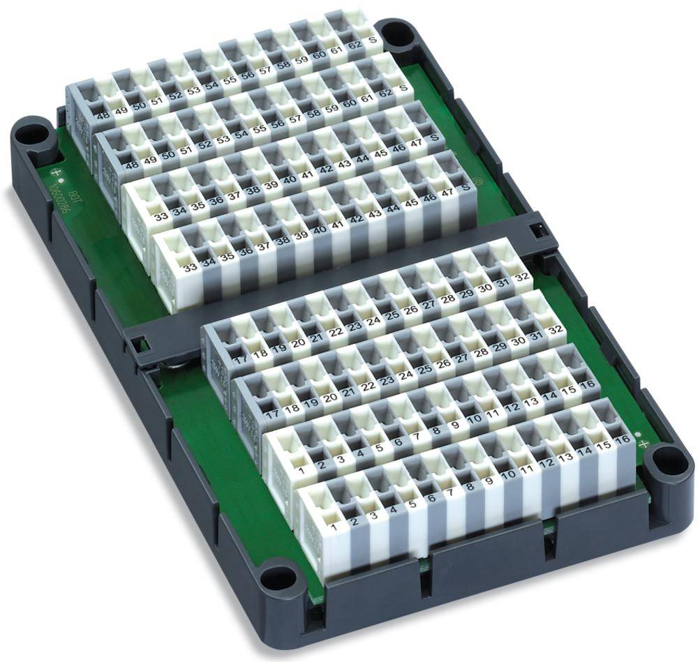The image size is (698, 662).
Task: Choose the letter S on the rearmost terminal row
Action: pos(373,41)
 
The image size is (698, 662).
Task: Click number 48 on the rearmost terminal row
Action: pos(102,116)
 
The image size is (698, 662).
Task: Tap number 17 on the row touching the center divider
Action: pos(242,360)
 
